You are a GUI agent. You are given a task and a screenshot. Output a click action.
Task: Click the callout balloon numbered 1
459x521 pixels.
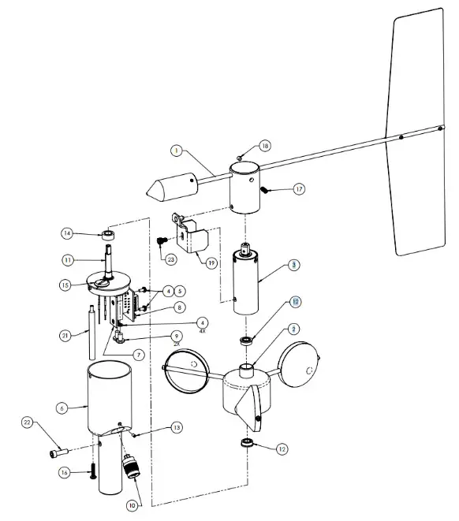177,149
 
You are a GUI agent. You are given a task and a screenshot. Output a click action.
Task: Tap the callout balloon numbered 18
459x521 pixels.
265,146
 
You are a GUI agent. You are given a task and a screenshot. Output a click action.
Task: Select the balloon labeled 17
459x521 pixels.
299,189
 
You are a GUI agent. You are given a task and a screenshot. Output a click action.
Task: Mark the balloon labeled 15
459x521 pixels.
67,284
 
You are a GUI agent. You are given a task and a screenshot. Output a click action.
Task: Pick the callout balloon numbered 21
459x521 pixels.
67,336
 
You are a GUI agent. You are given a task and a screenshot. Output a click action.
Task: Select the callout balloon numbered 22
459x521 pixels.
27,424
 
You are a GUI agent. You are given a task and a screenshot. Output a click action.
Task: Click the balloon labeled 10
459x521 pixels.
132,504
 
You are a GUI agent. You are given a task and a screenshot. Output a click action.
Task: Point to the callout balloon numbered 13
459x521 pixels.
177,427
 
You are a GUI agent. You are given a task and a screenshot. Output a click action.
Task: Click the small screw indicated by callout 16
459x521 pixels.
92,472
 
